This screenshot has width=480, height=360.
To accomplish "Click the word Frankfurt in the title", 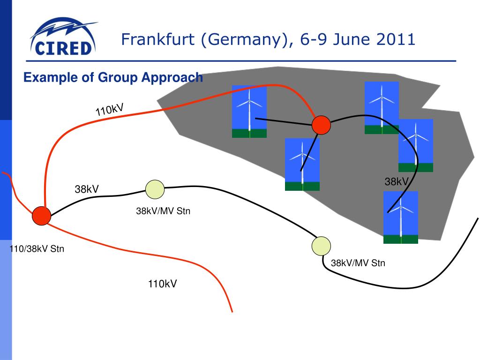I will pos(157,39).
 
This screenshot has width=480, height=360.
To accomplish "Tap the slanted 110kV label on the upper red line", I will pos(110,110).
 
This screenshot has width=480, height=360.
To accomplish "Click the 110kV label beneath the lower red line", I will pos(163,284).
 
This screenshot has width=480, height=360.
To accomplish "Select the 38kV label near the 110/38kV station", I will pos(87,189).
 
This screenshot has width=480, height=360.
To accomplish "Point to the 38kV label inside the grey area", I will pos(397,182).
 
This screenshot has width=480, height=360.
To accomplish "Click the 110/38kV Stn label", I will pos(37,249).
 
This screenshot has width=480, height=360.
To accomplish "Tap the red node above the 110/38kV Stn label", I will pos(41,216).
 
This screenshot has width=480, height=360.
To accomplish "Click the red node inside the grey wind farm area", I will pos(321,125).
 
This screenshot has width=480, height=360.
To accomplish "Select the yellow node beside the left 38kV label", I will pos(155,189).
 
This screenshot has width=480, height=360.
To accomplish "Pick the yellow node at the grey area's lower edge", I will pos(321,246).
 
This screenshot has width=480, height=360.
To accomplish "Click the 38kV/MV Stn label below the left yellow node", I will pos(163,211).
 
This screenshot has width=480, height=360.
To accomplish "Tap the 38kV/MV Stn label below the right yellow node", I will pos(358,263).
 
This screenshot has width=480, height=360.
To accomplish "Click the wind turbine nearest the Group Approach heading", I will pos(249,112).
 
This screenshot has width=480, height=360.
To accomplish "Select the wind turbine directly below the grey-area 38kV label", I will pos(400,217).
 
